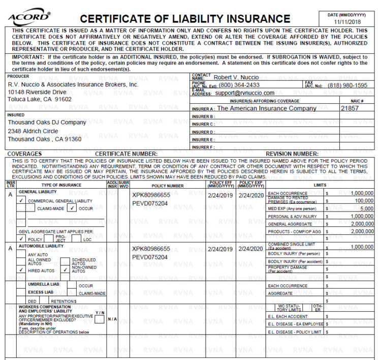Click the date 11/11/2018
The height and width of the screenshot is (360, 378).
(346, 22)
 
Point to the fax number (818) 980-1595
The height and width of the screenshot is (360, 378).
(348, 85)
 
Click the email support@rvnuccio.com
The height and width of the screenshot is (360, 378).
(244, 93)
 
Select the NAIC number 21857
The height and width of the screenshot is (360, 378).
(350, 108)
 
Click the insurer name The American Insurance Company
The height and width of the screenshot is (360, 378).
(266, 108)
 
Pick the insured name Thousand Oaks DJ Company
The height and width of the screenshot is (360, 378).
(47, 123)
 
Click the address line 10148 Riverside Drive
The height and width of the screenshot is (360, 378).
(37, 92)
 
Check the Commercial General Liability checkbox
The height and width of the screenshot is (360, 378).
(20, 201)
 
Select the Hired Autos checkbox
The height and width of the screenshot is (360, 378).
(20, 271)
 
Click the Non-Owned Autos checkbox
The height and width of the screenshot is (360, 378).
(64, 271)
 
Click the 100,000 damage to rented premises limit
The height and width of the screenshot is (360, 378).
(364, 201)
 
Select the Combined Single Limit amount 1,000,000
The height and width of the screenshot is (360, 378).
(362, 247)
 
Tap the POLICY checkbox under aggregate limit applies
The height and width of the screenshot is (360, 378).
(20, 239)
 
